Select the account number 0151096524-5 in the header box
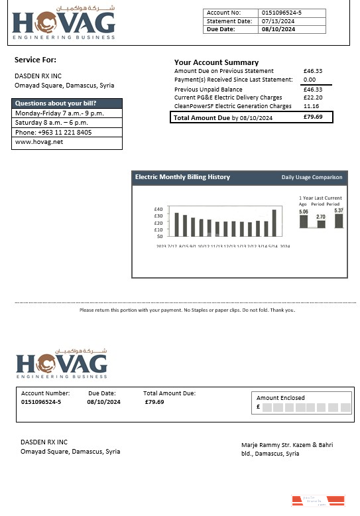click(x=282, y=13)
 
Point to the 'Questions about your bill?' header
click(x=56, y=103)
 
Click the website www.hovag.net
click(x=34, y=142)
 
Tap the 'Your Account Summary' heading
click(x=216, y=62)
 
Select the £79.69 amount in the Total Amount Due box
click(x=313, y=117)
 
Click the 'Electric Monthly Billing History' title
click(x=182, y=177)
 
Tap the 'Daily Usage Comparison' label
click(x=312, y=177)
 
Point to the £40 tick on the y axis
click(x=158, y=209)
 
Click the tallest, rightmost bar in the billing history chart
click(x=274, y=223)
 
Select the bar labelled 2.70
click(x=321, y=224)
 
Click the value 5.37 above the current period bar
click(x=339, y=210)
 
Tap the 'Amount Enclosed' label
click(x=280, y=398)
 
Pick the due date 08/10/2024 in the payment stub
click(x=103, y=402)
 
